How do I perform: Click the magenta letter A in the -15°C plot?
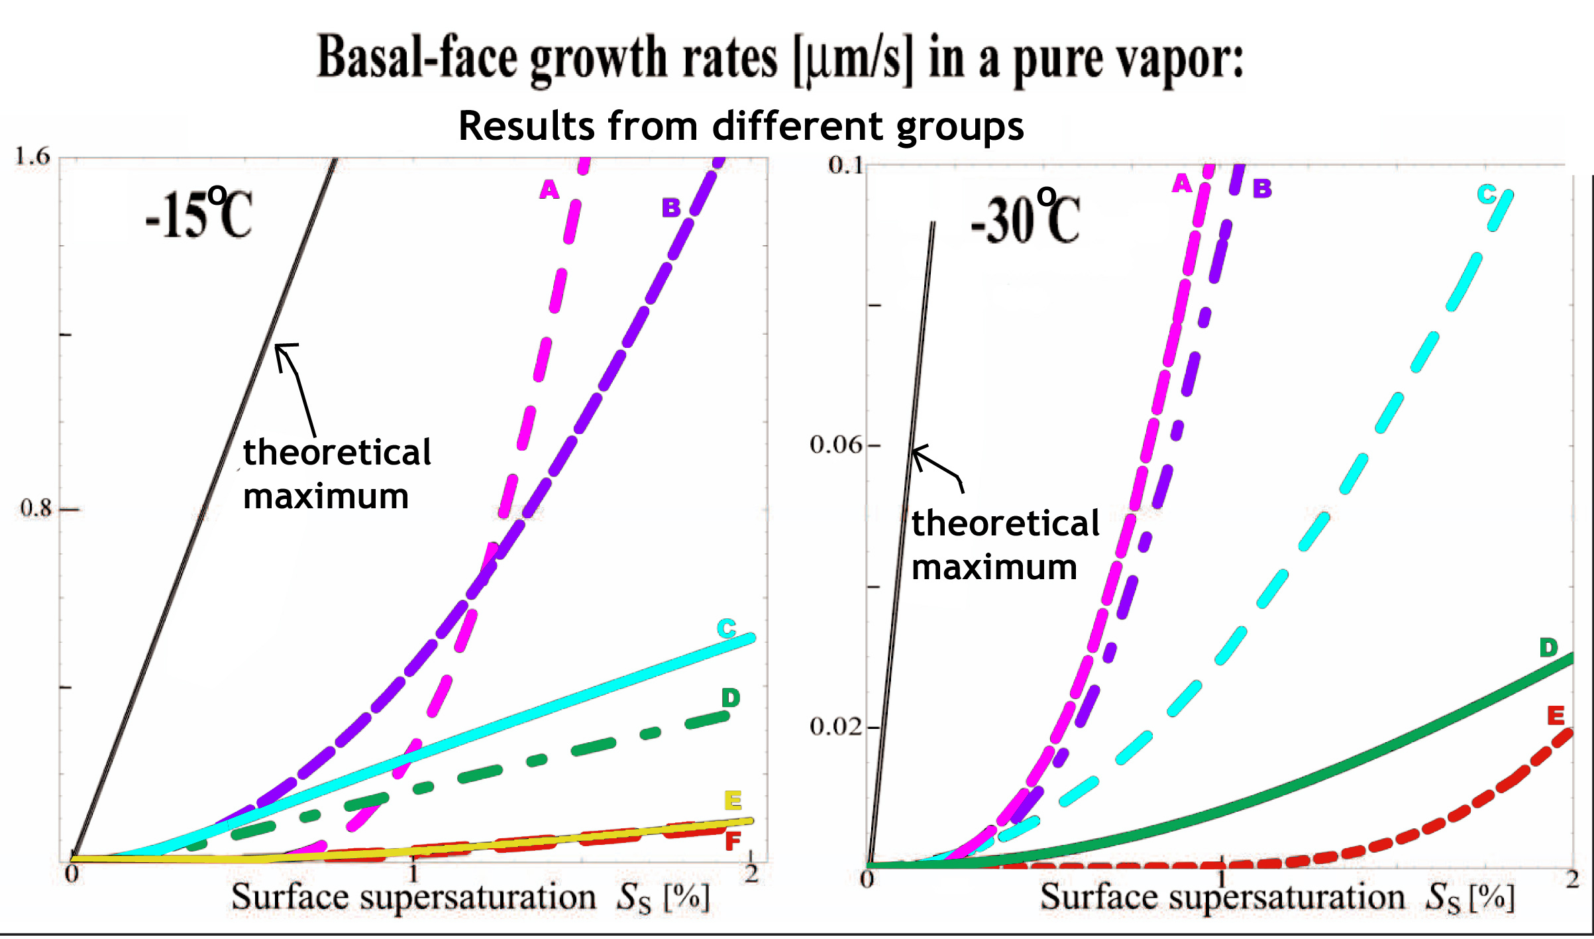(x=549, y=190)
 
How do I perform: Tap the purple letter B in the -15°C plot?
(x=671, y=207)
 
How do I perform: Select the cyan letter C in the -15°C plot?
(x=727, y=628)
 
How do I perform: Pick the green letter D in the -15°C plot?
(x=730, y=697)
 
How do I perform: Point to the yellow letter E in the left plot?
(x=733, y=801)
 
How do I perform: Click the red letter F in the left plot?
(x=733, y=842)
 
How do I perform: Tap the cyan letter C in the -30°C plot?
(x=1487, y=194)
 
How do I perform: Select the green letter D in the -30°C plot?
(x=1548, y=647)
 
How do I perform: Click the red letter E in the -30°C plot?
(x=1556, y=715)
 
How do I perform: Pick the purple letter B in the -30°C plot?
(x=1262, y=189)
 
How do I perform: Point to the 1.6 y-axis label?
(x=32, y=156)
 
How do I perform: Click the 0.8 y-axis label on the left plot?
(x=36, y=508)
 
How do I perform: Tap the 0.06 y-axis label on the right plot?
(x=836, y=445)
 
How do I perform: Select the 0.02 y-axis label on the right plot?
(x=836, y=727)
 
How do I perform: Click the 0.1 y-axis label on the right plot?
(x=846, y=165)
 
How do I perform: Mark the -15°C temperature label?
(x=199, y=213)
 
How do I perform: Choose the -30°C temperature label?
(x=1025, y=219)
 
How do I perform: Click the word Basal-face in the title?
(x=417, y=58)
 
